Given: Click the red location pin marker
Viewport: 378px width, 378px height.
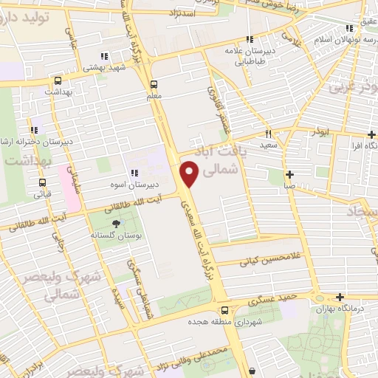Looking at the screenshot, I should [x=189, y=174].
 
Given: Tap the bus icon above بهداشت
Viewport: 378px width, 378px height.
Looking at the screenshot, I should [x=57, y=80].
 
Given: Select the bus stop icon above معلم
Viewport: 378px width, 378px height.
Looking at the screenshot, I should [x=154, y=83].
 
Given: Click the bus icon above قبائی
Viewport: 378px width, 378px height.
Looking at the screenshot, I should [x=42, y=182].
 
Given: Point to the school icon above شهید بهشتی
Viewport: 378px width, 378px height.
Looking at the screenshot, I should [x=105, y=55].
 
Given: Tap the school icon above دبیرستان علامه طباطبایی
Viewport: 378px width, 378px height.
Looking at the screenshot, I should [x=250, y=40].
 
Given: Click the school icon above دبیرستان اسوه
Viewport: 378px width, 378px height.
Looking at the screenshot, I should [x=133, y=173].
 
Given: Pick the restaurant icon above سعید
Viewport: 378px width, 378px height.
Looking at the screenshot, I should [x=268, y=134].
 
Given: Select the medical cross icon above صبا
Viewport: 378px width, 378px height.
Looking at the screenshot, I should [x=289, y=175].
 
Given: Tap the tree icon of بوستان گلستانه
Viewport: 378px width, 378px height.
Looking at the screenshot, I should [x=115, y=223].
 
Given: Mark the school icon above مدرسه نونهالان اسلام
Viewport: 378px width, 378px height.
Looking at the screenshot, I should [x=350, y=30].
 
